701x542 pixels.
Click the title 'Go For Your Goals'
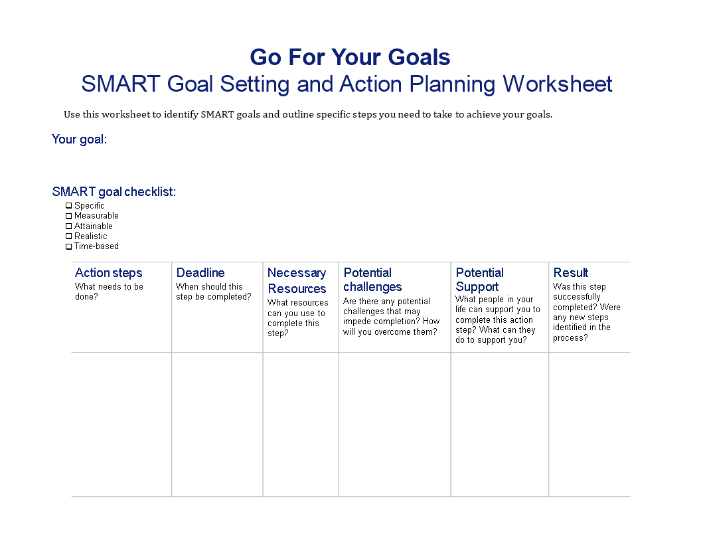click(x=350, y=57)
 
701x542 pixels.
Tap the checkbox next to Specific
click(x=69, y=206)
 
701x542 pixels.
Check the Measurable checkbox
click(x=69, y=216)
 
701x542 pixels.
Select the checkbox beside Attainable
click(x=69, y=226)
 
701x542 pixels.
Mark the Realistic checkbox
click(x=69, y=236)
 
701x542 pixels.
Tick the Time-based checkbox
click(x=69, y=246)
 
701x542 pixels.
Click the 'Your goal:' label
click(x=80, y=139)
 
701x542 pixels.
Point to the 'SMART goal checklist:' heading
click(x=114, y=192)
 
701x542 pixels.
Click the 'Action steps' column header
click(x=109, y=273)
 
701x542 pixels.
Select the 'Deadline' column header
click(x=200, y=273)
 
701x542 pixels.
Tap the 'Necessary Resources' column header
click(x=297, y=281)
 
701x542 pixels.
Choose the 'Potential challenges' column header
click(x=372, y=280)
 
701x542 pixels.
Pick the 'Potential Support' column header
click(x=480, y=280)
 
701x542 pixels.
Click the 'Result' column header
click(x=571, y=273)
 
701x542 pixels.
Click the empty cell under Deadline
click(x=217, y=424)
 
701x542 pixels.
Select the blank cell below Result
click(x=589, y=424)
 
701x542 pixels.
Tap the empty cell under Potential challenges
click(x=395, y=424)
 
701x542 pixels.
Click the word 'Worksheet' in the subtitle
click(x=558, y=84)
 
